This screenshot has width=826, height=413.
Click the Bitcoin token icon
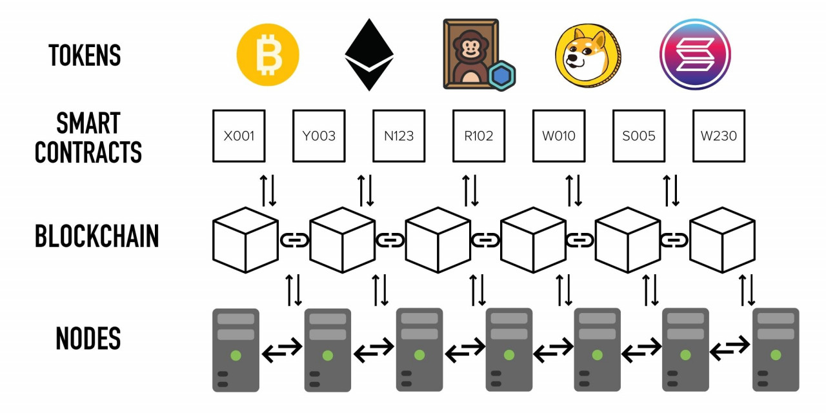268,55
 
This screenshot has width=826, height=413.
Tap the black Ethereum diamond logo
369,54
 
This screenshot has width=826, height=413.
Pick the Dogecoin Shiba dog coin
587,55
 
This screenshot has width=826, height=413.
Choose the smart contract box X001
239,136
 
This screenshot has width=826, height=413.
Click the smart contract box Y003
319,136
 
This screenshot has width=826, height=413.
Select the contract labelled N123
399,136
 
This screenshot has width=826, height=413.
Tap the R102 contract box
479,136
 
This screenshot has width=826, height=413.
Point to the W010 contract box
559,136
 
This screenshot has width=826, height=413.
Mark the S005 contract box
639,136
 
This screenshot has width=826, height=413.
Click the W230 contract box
719,136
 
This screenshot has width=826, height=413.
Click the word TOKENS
85,55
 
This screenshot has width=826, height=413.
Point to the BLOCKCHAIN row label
97,237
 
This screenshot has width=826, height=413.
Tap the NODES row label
88,339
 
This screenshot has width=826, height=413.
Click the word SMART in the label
88,123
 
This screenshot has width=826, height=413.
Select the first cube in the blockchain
245,239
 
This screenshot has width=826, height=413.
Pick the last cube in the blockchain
722,239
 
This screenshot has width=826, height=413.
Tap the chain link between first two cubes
294,240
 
